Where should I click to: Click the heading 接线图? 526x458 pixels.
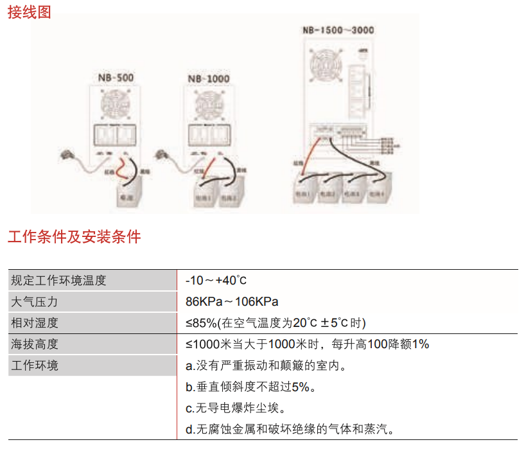tap(30, 12)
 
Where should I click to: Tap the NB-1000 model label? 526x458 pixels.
tap(208, 79)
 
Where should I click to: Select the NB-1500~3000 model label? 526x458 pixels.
tap(338, 30)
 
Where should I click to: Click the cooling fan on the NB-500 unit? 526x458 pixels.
tap(116, 104)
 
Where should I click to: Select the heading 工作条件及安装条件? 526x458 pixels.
tap(74, 237)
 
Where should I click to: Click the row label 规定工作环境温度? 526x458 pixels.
tap(58, 280)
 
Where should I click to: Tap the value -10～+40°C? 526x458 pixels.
tap(216, 280)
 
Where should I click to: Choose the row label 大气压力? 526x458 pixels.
tap(35, 301)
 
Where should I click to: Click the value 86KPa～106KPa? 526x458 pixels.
tap(232, 301)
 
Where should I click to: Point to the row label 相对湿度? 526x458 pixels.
tap(35, 322)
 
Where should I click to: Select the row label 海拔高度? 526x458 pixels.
tap(35, 344)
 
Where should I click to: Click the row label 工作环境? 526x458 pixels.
tap(35, 366)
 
